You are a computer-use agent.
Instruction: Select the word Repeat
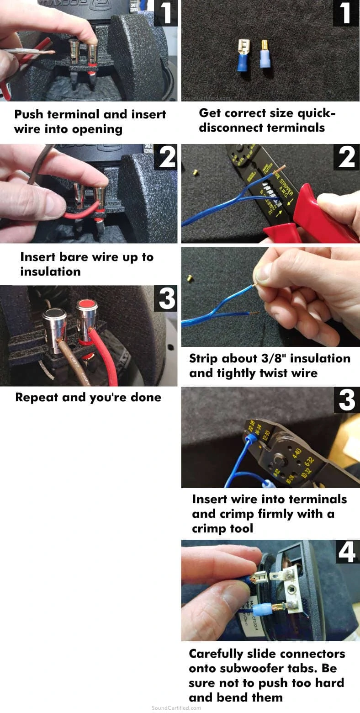click(x=37, y=397)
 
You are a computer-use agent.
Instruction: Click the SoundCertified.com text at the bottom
click(x=176, y=708)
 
